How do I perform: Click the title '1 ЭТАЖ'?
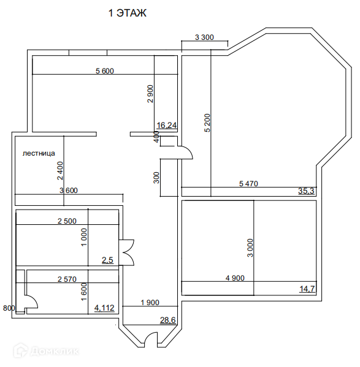click(128, 13)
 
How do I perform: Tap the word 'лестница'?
click(39, 153)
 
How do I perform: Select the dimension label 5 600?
click(105, 70)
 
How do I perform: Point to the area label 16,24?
click(167, 126)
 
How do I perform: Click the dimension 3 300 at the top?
click(204, 37)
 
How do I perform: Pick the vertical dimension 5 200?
click(208, 123)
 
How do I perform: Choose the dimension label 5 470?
click(248, 184)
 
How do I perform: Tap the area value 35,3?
click(306, 191)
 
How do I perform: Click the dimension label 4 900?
click(235, 278)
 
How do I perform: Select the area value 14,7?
click(307, 289)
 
